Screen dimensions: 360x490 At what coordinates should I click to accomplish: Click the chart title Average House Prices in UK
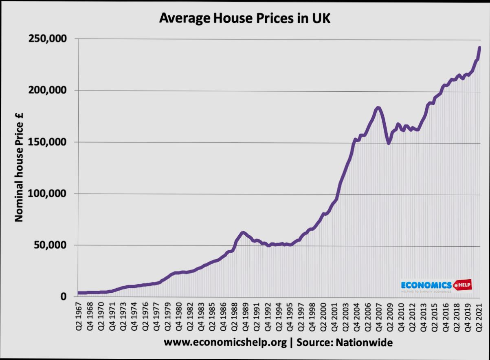[x=244, y=18]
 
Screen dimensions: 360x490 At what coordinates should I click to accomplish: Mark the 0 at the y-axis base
[x=64, y=297]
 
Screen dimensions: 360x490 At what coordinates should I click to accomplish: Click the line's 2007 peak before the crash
[x=378, y=108]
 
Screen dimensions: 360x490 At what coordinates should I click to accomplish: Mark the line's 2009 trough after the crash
[x=389, y=143]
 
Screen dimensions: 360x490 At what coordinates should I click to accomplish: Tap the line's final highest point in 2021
[x=479, y=48]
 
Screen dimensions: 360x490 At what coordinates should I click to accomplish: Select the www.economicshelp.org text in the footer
[x=226, y=342]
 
